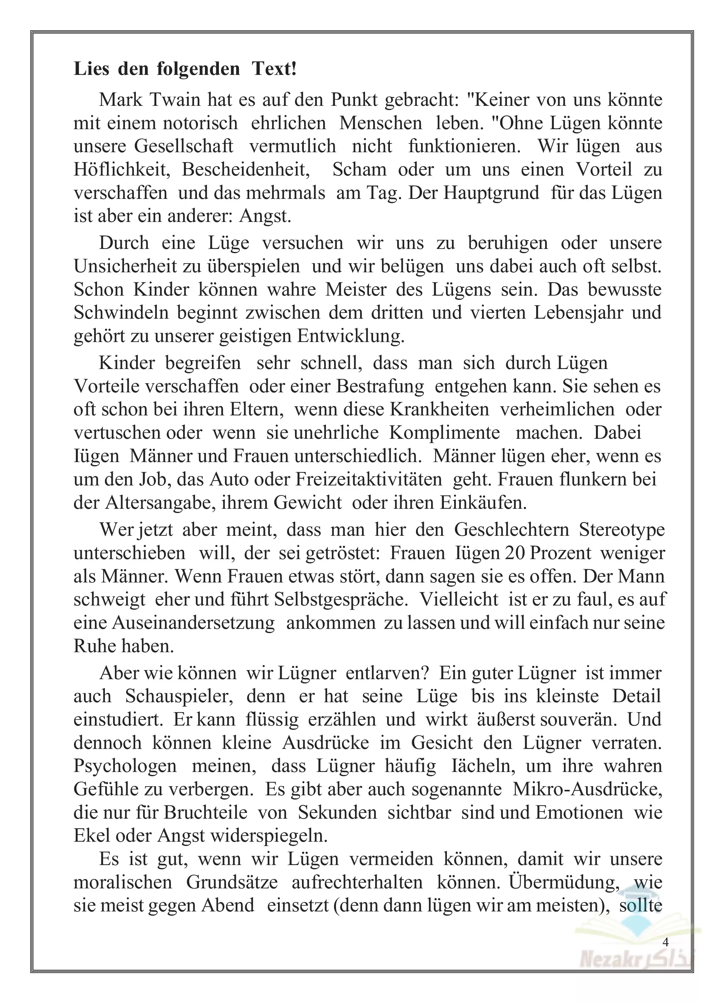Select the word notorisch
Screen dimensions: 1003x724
[x=200, y=123]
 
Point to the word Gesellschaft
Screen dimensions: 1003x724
[x=183, y=146]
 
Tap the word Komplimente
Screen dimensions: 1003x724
[x=444, y=432]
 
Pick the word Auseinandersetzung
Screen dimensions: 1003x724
[x=193, y=623]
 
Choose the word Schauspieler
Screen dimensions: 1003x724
[x=179, y=696]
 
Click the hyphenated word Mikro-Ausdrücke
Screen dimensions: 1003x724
[x=588, y=789]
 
